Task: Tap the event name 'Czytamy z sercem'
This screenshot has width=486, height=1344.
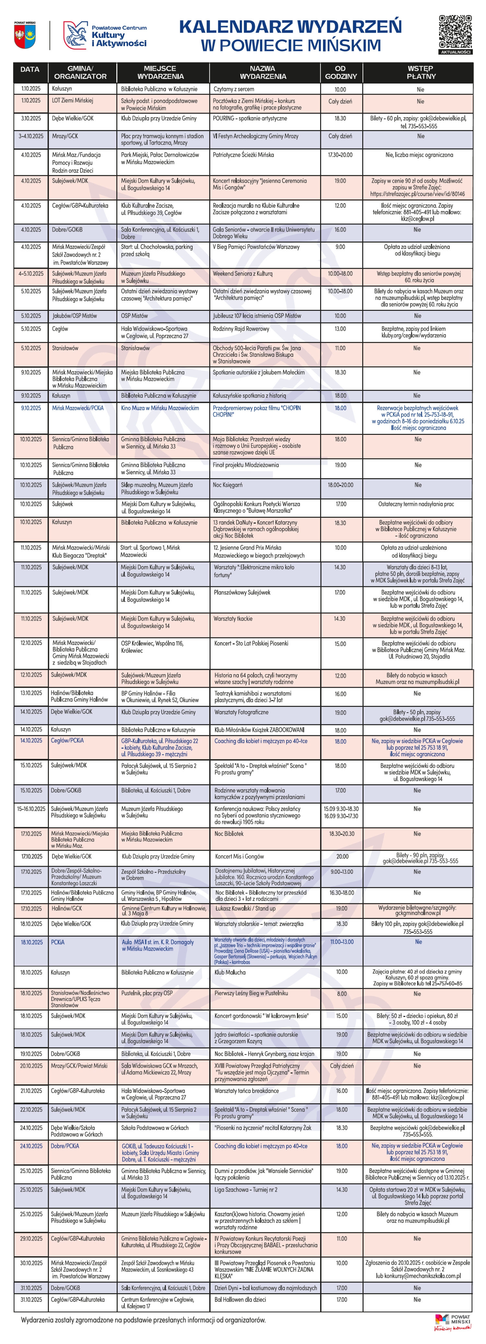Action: (x=233, y=89)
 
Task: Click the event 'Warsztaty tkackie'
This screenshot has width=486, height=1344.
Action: (x=233, y=619)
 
